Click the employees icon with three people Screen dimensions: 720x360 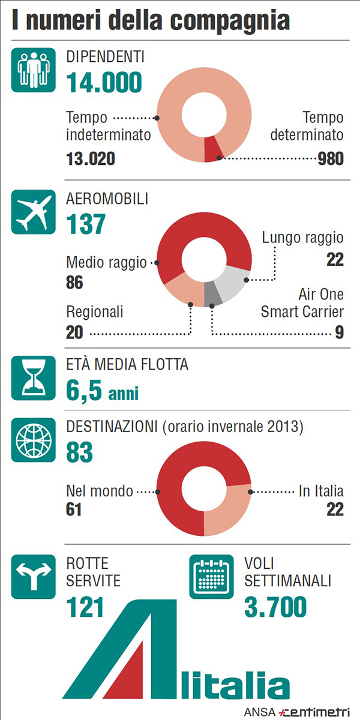tap(29, 70)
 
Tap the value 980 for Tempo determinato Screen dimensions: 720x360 tap(331, 158)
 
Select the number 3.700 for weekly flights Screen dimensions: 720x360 tap(275, 607)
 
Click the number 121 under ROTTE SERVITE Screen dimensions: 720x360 tap(85, 607)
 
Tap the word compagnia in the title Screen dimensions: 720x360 tap(231, 21)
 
